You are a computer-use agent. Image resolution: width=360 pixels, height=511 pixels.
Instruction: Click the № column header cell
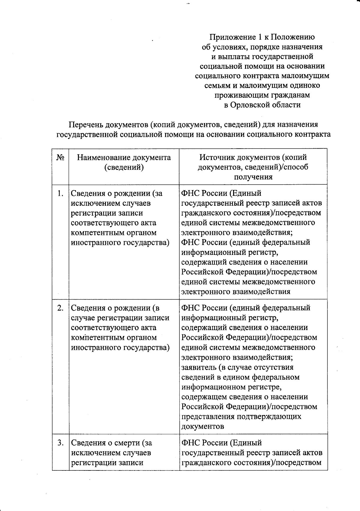(60, 157)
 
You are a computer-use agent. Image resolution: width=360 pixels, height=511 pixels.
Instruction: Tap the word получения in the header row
(253, 177)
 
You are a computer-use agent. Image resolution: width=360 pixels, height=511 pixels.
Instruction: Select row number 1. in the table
(60, 193)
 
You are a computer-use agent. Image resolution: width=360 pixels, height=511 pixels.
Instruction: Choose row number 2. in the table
(60, 308)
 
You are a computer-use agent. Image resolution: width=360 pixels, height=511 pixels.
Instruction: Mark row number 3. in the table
(60, 443)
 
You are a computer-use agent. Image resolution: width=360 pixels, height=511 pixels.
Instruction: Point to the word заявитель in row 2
(198, 367)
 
